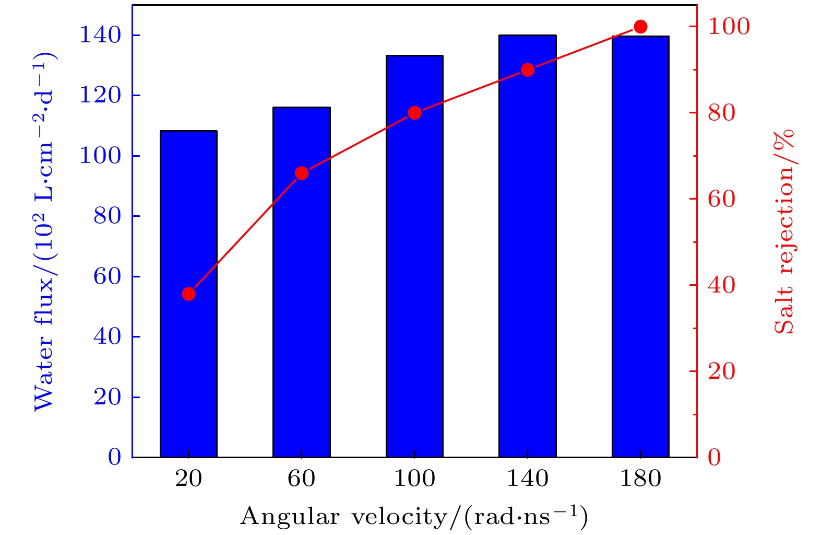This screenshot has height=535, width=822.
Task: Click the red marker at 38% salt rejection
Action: tap(189, 294)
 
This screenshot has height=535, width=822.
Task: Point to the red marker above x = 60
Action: tap(302, 173)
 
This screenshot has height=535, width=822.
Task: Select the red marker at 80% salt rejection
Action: tap(415, 113)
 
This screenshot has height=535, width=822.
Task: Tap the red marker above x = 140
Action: tap(528, 70)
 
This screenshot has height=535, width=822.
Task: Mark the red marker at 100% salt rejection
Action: tap(641, 27)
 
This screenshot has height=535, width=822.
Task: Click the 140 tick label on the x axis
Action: tap(528, 479)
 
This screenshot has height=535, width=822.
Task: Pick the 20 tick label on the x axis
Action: tap(188, 479)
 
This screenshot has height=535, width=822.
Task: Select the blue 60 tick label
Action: tap(107, 276)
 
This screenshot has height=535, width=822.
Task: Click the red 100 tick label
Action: tap(729, 27)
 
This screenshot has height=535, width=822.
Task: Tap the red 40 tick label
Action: tap(721, 285)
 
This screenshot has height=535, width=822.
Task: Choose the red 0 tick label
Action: tap(714, 457)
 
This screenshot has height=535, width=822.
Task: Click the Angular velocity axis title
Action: tap(414, 517)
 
